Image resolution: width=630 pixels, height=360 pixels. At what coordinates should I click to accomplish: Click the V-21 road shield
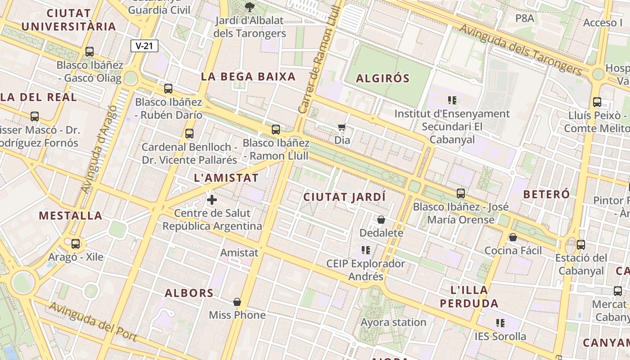tap(144, 45)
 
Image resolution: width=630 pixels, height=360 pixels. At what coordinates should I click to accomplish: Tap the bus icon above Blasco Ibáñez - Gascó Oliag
tap(90, 51)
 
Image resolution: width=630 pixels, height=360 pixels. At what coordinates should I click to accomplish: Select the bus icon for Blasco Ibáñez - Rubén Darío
tap(168, 88)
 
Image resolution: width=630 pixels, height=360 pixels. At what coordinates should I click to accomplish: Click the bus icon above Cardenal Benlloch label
tap(189, 133)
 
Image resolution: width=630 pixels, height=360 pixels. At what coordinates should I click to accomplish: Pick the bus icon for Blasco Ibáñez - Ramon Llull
tap(276, 130)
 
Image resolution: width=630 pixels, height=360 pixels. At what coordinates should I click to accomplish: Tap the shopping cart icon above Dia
tap(342, 127)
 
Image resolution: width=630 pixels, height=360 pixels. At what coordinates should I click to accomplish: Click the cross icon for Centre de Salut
tap(212, 200)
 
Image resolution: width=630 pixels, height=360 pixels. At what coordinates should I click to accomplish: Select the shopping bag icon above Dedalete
tap(381, 220)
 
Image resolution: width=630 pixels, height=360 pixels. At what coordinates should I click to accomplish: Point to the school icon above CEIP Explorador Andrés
tap(365, 250)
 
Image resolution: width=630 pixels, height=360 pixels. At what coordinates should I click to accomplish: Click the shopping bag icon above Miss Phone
tap(237, 301)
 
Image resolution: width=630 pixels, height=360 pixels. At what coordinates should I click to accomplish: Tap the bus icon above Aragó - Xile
tap(76, 244)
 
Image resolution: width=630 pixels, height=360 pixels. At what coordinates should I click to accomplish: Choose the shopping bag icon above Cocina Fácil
tap(513, 237)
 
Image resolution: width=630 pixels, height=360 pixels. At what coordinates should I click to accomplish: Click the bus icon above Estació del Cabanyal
tap(581, 245)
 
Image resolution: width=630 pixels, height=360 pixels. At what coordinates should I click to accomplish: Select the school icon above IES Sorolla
tap(500, 323)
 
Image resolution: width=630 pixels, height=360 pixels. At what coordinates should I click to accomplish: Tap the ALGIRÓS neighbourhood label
tap(383, 78)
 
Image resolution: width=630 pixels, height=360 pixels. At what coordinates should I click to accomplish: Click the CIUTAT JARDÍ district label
tap(345, 197)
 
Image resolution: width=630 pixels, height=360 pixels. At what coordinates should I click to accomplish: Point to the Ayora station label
tap(393, 322)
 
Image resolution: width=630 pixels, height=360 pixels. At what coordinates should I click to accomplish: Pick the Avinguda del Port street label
tap(92, 322)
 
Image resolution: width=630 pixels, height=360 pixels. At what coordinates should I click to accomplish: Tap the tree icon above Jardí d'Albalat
tap(249, 7)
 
